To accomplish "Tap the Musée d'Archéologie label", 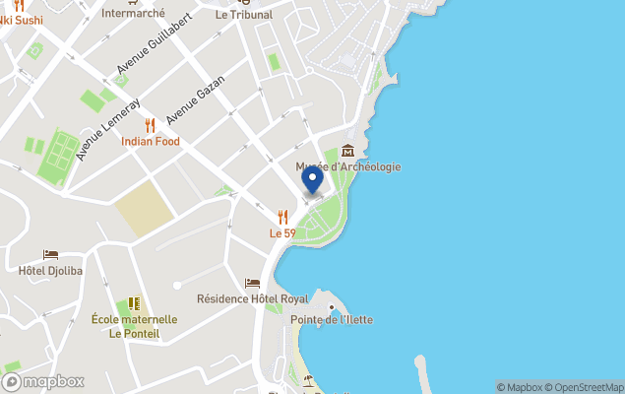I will point(348,166).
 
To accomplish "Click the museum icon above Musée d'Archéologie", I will point(348,150).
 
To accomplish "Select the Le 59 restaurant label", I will point(282,233).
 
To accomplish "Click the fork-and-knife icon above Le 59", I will point(282,217).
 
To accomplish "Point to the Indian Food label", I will point(151,141).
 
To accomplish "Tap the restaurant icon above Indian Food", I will point(151,125).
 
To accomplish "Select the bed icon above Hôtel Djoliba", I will point(50,254).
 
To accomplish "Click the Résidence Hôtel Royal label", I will point(252,298).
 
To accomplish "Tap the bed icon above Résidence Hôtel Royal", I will point(252,284).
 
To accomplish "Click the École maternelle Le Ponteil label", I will point(134,326).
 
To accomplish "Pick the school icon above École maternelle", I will point(134,303).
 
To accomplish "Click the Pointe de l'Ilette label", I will point(332,320).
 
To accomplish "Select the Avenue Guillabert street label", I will point(153,45).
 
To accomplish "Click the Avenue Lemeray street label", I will point(108,129).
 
